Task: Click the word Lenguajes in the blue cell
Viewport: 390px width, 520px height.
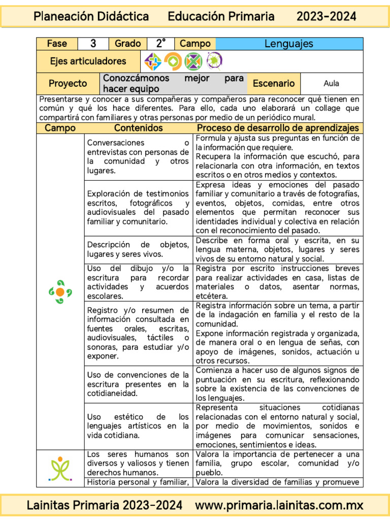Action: coord(289,44)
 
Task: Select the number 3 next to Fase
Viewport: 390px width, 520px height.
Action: coord(93,44)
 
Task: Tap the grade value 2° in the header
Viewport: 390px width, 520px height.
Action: coord(161,44)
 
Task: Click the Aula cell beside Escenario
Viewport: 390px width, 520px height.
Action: coord(331,83)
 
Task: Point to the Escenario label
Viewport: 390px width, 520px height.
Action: coord(273,83)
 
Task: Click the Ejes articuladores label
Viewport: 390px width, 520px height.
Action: coord(88,61)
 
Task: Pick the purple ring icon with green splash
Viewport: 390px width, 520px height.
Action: coord(214,61)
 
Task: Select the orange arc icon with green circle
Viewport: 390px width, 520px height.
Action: coord(173,61)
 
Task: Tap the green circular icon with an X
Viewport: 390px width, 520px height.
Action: coord(193,61)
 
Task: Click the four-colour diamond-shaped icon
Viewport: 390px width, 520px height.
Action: coord(153,61)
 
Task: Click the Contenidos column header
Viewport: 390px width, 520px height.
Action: coord(138,128)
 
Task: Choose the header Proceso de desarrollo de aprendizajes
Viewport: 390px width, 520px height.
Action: coord(278,128)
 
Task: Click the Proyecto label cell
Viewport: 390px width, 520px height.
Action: coord(68,83)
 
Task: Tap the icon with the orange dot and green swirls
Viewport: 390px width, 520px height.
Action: coord(60,291)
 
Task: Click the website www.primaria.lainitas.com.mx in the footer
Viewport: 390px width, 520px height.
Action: coord(279,505)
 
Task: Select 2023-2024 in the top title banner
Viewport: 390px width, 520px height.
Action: coord(326,17)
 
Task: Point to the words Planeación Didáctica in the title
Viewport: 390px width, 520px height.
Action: coord(91,17)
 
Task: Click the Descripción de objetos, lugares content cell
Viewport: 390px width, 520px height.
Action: coord(138,249)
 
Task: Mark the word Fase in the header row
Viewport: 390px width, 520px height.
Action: coord(57,44)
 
